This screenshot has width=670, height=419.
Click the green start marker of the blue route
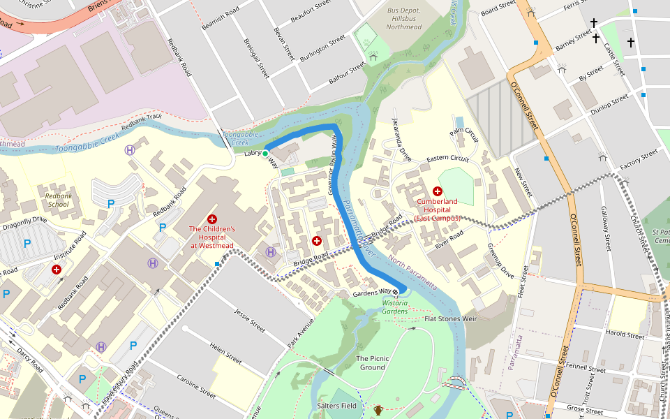(x=265, y=153)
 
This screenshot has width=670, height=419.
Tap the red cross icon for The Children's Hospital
(x=212, y=219)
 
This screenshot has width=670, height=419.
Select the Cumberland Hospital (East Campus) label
(x=438, y=209)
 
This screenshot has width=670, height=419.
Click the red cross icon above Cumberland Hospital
(x=438, y=191)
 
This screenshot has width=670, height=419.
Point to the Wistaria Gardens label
(x=395, y=307)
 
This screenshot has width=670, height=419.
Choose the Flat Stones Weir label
(x=450, y=318)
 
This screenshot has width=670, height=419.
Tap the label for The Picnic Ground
(x=372, y=362)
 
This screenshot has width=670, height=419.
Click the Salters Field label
(x=337, y=406)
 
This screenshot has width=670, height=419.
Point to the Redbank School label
(x=58, y=200)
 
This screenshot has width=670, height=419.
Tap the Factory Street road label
(x=639, y=159)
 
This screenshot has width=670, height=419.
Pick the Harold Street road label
(x=625, y=335)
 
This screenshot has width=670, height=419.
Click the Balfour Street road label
(x=347, y=73)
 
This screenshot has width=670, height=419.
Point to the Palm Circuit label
(x=465, y=132)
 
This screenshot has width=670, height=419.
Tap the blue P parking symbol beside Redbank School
(x=110, y=204)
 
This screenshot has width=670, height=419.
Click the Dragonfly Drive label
(x=24, y=219)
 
